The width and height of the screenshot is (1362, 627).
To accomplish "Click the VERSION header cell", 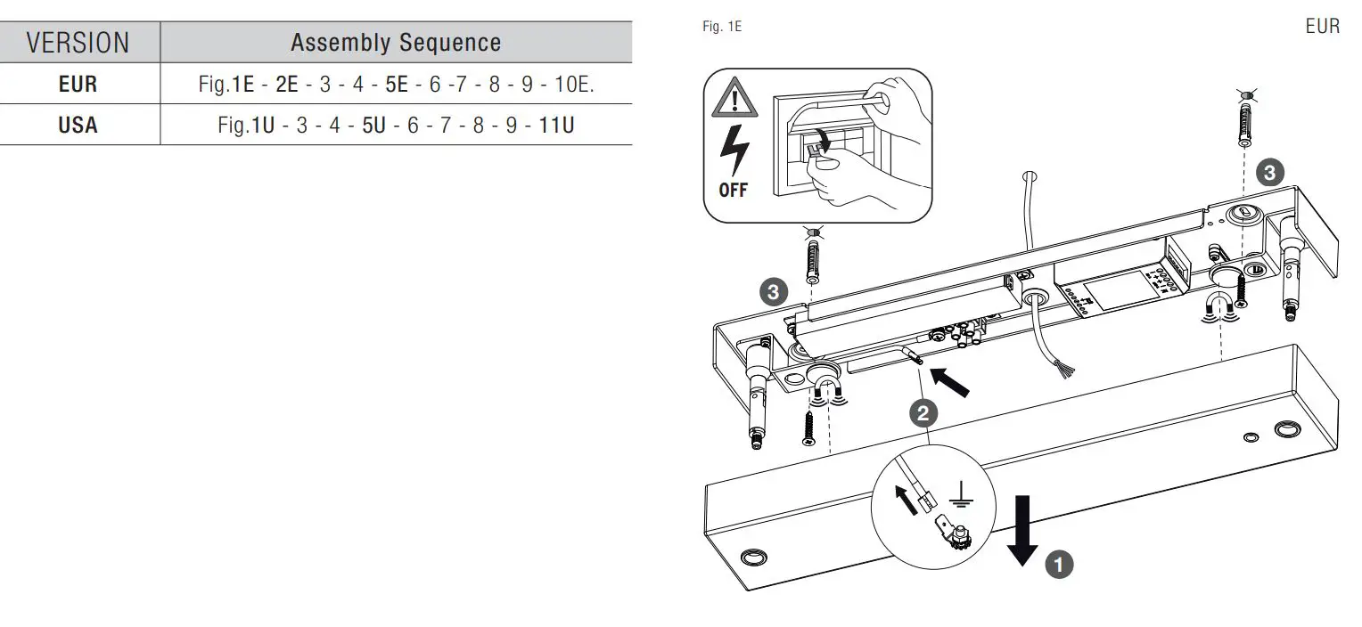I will (x=78, y=42).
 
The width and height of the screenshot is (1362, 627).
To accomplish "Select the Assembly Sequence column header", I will (x=396, y=42).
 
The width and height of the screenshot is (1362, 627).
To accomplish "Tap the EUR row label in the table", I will (x=78, y=85).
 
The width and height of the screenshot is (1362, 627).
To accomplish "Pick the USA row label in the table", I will (x=78, y=126).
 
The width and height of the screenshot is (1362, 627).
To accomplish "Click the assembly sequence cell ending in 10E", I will (x=396, y=85).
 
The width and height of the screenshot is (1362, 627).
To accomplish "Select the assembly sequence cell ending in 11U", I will (x=396, y=126).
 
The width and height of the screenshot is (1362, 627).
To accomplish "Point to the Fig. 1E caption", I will (x=721, y=27).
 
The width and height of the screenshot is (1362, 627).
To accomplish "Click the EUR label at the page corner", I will (x=1322, y=27).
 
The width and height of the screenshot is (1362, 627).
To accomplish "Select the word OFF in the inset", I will (x=733, y=191).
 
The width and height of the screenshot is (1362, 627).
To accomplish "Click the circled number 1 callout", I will (x=1058, y=564).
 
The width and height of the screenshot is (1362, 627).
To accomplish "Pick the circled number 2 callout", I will (x=923, y=412).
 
